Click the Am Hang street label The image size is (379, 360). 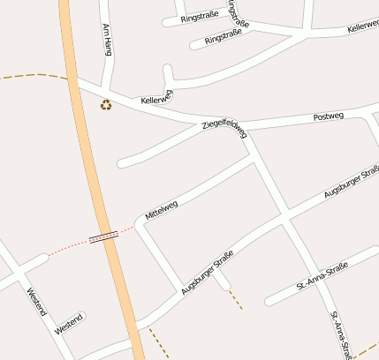click(x=109, y=40)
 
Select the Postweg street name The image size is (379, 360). click(x=329, y=117)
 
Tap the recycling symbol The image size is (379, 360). click(x=106, y=105)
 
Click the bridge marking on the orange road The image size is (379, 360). click(x=104, y=236)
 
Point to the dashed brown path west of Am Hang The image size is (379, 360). click(x=35, y=76)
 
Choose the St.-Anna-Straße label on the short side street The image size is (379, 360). click(x=323, y=275)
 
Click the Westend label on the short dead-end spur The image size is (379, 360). click(x=69, y=323)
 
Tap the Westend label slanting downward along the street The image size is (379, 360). click(x=35, y=303)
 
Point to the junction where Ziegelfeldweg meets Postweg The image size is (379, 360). click(x=244, y=127)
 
